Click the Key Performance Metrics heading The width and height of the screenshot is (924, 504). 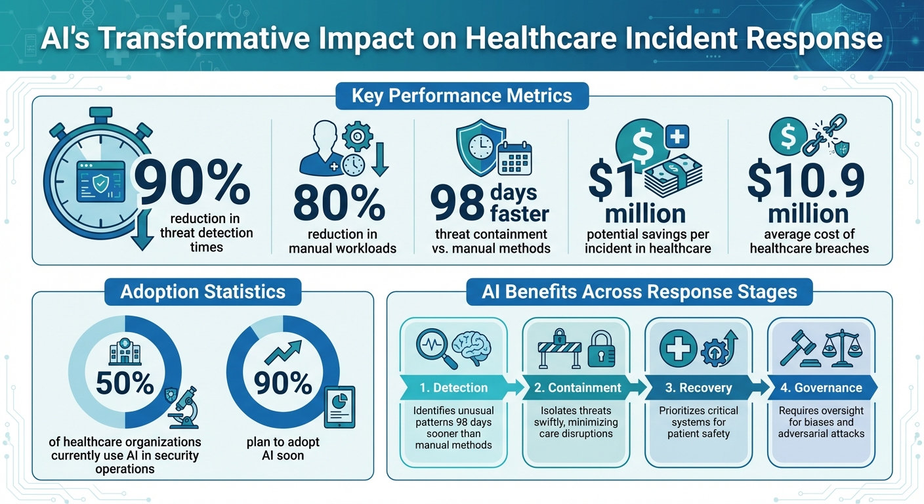coord(461,96)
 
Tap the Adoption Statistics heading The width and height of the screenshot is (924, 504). coord(203,291)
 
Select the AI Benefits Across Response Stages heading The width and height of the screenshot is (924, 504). coord(639,291)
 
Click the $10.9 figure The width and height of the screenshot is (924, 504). coord(807,182)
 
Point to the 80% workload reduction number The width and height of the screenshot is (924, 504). coord(339,203)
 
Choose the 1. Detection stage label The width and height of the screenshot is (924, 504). coord(453,388)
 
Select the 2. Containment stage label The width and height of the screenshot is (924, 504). coord(577,388)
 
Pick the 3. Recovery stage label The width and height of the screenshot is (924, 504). coord(698,388)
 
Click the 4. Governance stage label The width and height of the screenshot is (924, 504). coord(820,388)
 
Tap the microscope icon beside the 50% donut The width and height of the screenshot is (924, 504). coord(184,405)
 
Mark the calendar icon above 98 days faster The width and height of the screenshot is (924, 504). coord(514,158)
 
